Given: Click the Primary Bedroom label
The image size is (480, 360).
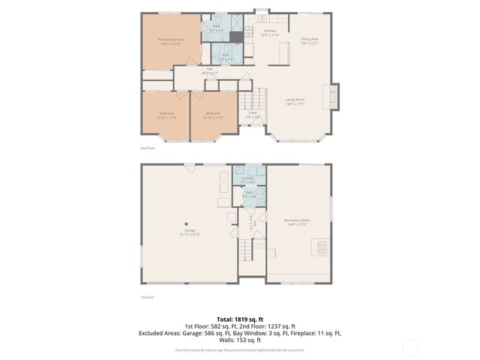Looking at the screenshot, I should pyautogui.click(x=171, y=39).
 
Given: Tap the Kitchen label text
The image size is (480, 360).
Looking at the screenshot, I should pyautogui.click(x=270, y=31).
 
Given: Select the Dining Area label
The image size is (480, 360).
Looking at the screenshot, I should pyautogui.click(x=310, y=39).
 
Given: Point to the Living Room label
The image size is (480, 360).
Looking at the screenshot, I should pyautogui.click(x=295, y=99).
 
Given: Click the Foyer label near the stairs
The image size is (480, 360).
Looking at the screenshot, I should pyautogui.click(x=253, y=113).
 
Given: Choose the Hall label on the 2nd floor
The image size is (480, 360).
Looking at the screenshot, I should pyautogui.click(x=210, y=69).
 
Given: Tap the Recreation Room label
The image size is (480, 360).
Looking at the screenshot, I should pyautogui.click(x=297, y=220).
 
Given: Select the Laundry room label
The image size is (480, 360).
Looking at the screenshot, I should pyautogui.click(x=247, y=178).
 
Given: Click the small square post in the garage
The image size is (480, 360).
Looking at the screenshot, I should pyautogui.click(x=187, y=223).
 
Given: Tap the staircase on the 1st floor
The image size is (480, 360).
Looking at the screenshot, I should pyautogui.click(x=252, y=247).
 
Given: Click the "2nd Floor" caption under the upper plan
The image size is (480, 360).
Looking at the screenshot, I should pyautogui.click(x=148, y=148).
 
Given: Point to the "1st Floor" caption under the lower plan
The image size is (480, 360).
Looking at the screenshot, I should pyautogui.click(x=148, y=298).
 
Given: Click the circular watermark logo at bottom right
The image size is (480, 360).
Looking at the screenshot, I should pyautogui.click(x=409, y=347).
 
